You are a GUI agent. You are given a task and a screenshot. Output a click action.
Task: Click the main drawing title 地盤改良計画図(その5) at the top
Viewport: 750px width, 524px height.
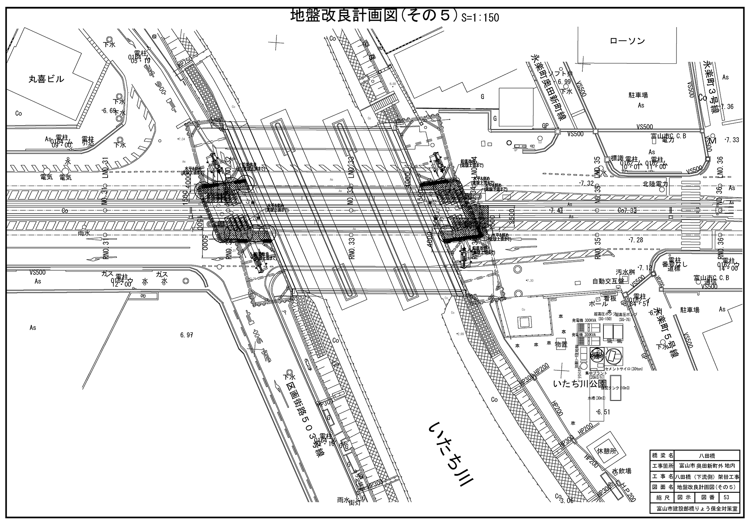pyautogui.click(x=375, y=16)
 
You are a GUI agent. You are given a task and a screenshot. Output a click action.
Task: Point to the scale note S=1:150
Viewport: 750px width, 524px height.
pyautogui.click(x=481, y=18)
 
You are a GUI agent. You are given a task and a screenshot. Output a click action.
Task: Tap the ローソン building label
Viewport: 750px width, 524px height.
pyautogui.click(x=627, y=41)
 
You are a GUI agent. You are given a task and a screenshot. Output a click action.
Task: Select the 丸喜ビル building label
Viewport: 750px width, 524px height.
pyautogui.click(x=46, y=79)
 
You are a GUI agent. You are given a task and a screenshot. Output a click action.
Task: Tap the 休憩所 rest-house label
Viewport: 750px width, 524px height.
pyautogui.click(x=606, y=451)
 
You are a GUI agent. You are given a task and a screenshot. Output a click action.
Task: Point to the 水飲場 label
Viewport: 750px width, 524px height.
pyautogui.click(x=622, y=471)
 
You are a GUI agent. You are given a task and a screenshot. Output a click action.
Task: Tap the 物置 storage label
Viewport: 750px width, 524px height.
pyautogui.click(x=561, y=344)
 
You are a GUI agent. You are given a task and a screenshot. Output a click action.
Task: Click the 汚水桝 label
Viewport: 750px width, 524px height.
pyautogui.click(x=624, y=272)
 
